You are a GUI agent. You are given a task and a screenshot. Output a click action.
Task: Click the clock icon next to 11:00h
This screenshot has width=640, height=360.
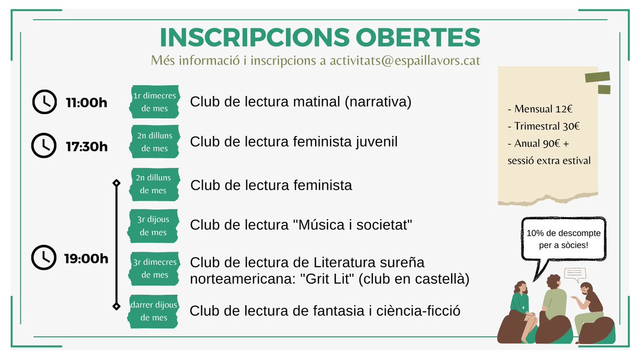click(x=44, y=102)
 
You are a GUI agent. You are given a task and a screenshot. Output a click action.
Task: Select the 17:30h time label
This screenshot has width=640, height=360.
click(x=86, y=146)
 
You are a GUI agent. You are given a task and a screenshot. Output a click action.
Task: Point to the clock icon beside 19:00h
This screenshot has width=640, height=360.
click(x=44, y=259)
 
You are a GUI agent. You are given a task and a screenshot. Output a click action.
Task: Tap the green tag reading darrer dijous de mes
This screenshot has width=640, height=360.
click(x=154, y=311)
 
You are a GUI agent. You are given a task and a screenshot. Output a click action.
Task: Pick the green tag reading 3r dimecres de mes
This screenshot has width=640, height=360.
click(x=154, y=269)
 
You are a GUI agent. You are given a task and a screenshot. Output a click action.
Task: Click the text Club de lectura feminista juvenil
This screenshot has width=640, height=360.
click(x=294, y=142)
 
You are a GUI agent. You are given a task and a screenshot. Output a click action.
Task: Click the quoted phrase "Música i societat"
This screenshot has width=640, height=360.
click(x=354, y=225)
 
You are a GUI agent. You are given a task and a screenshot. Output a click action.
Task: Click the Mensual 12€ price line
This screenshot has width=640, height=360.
click(x=540, y=109)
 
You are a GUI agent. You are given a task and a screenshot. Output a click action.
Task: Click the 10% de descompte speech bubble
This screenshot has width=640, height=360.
click(x=563, y=239)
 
